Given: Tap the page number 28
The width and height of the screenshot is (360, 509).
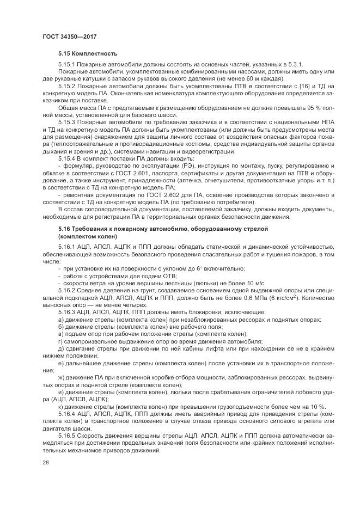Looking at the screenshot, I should coord(46,462).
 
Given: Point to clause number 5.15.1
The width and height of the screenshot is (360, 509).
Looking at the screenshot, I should coord(67,65).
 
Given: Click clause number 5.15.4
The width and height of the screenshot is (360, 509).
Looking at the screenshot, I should coord(67,157).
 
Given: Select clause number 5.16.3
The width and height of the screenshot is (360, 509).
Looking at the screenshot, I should coord(67,314).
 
